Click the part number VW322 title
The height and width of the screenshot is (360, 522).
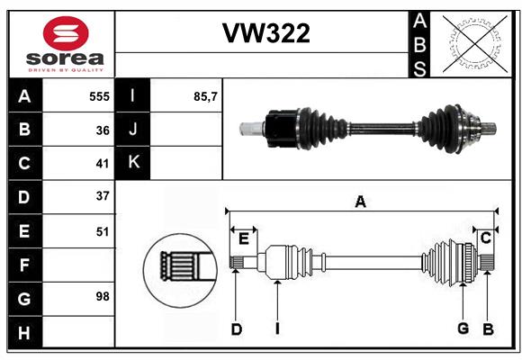[265, 33]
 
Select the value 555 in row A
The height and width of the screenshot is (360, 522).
[98, 96]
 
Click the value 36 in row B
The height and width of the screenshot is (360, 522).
[102, 130]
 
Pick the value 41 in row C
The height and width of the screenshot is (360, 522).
[102, 163]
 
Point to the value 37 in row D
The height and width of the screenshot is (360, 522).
[102, 196]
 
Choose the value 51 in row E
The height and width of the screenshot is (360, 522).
[102, 231]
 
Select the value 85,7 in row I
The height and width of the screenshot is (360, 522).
[206, 96]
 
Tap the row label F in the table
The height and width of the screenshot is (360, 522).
[24, 265]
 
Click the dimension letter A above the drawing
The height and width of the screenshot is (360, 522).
[360, 202]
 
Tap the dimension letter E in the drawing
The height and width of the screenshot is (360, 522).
[244, 238]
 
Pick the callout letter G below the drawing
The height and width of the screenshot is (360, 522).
[463, 328]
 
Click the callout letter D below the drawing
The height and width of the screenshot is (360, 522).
[236, 329]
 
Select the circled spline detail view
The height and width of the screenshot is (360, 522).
[178, 266]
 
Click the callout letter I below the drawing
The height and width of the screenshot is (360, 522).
[277, 329]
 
